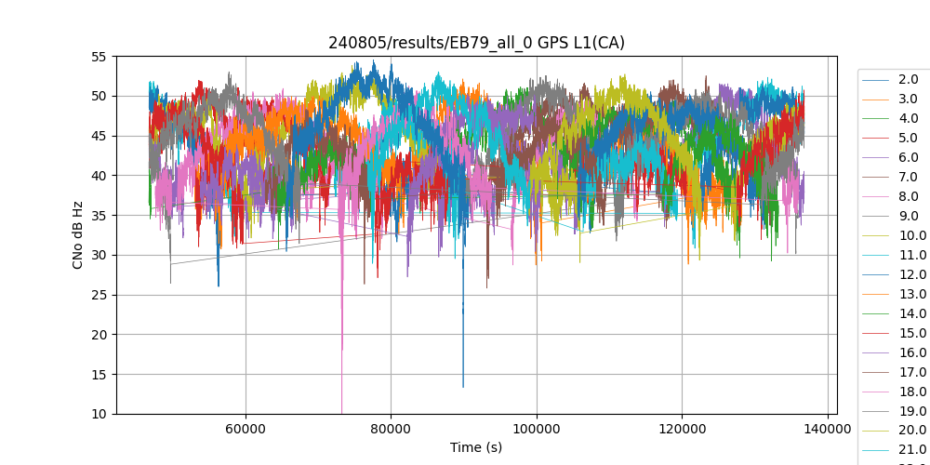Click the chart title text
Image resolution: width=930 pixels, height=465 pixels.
pos(476,43)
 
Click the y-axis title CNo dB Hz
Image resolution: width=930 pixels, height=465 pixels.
pos(78,235)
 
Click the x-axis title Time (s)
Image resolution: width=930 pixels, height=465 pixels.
pos(476,447)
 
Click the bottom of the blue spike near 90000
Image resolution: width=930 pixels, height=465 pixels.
pos(463,387)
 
